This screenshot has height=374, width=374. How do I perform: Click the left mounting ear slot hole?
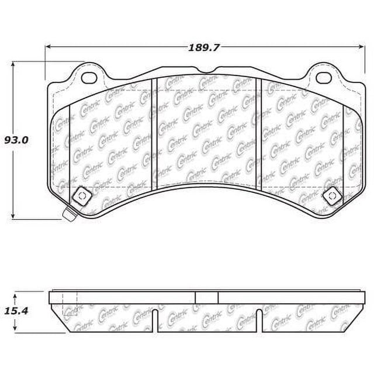pos(89,77)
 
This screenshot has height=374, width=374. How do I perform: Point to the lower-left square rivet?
pos(81,195)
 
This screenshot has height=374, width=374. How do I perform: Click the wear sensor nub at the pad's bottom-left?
pos(68,215)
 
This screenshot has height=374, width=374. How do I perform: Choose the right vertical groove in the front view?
pos(258,134)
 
